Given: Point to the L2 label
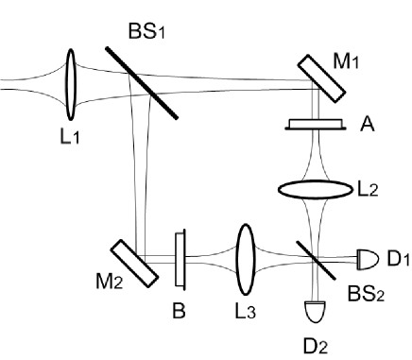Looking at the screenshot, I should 368,190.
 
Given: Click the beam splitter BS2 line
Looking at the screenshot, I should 312,253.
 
